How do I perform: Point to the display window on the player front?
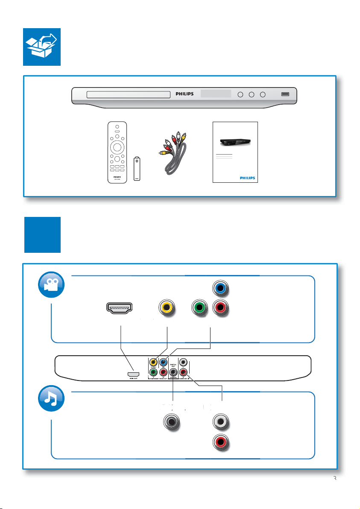click(x=216, y=94)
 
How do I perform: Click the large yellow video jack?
click(x=167, y=307)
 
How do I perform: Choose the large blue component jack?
click(x=220, y=288)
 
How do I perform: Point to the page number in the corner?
click(x=335, y=479)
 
